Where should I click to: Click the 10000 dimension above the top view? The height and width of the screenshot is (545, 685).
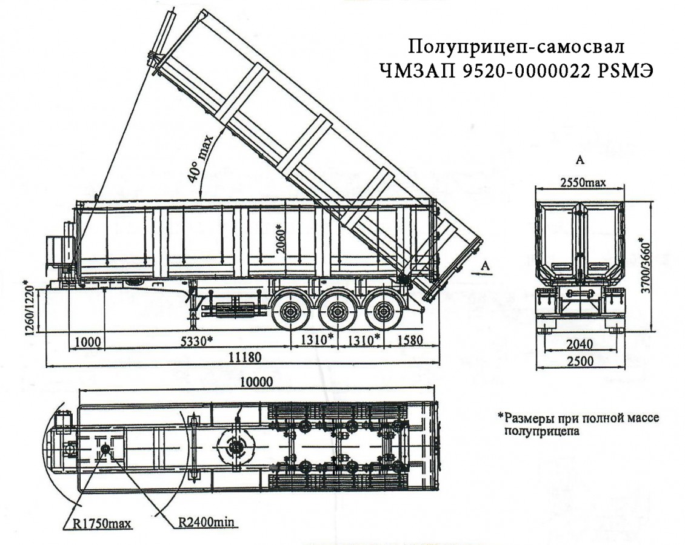point(256,383)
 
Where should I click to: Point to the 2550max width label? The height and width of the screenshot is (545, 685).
point(580,182)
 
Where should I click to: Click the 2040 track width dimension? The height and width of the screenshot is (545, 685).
point(580,345)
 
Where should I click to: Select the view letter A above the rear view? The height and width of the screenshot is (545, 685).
point(580,161)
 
